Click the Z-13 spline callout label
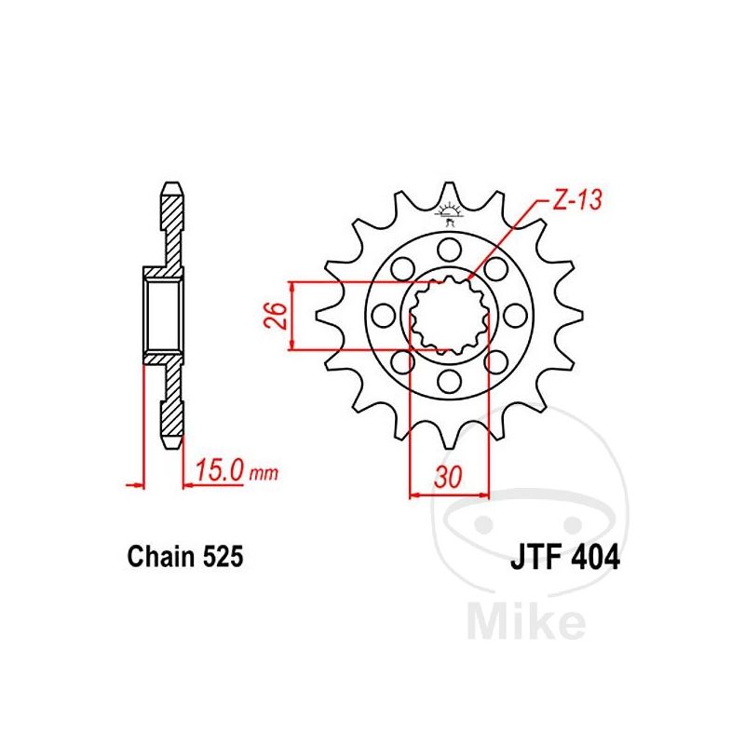pos(577,200)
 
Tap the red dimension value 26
pos(276,315)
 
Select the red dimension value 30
pos(448,477)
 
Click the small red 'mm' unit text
pos(264,473)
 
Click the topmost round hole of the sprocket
pos(450,250)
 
